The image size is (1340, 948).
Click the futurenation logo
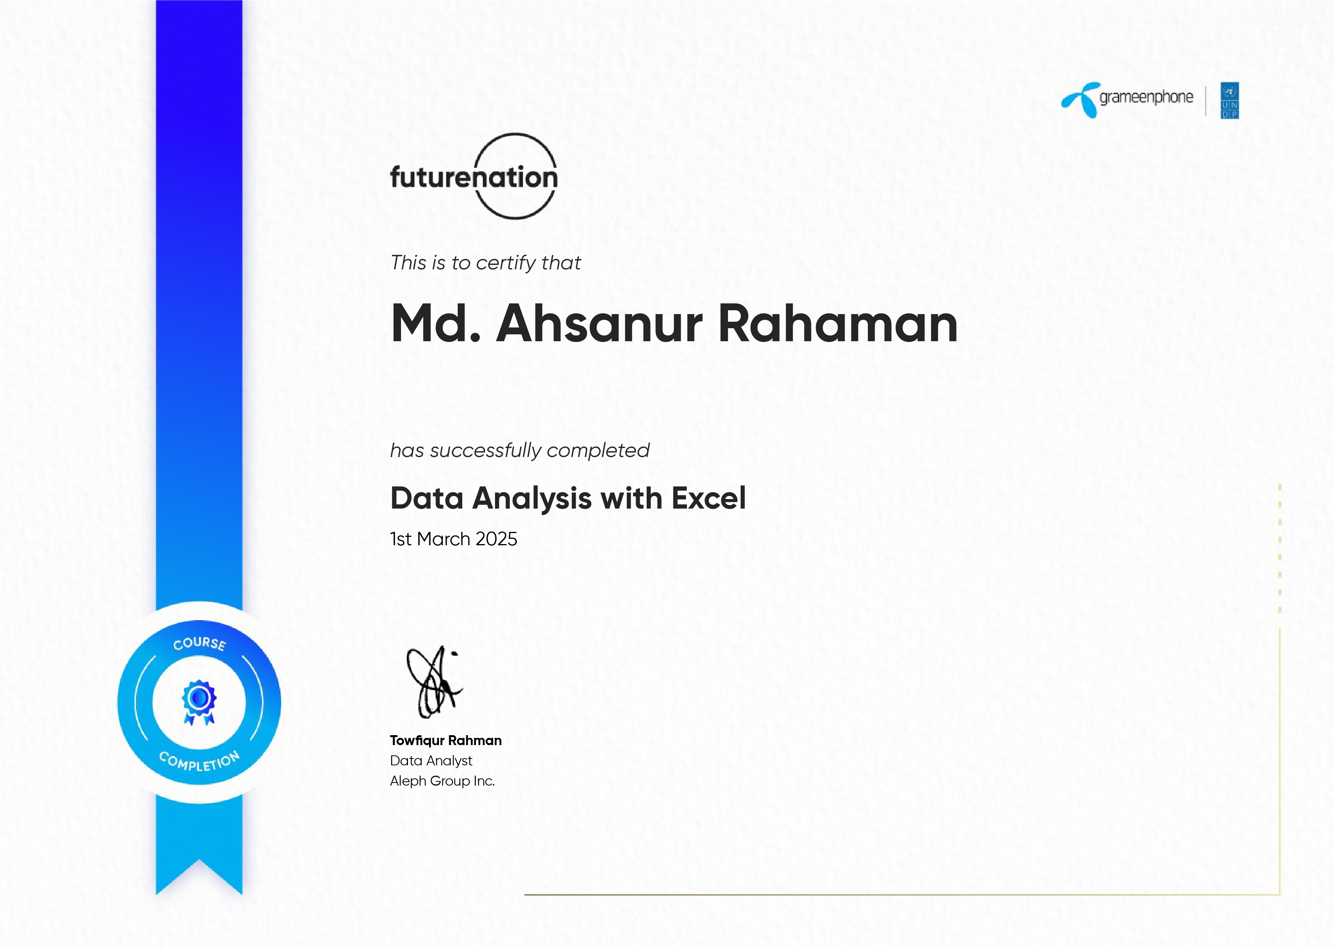pyautogui.click(x=474, y=176)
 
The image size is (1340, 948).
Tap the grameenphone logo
pyautogui.click(x=1128, y=100)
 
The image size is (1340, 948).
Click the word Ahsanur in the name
pyautogui.click(x=599, y=324)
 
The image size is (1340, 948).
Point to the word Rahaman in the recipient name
pyautogui.click(x=838, y=324)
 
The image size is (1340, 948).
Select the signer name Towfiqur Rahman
pyautogui.click(x=446, y=741)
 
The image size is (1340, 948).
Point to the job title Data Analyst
pyautogui.click(x=431, y=761)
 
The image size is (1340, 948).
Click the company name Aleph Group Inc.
pyautogui.click(x=442, y=781)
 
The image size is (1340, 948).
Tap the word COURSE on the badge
pyautogui.click(x=200, y=643)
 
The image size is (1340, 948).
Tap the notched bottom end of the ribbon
pyautogui.click(x=199, y=860)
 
